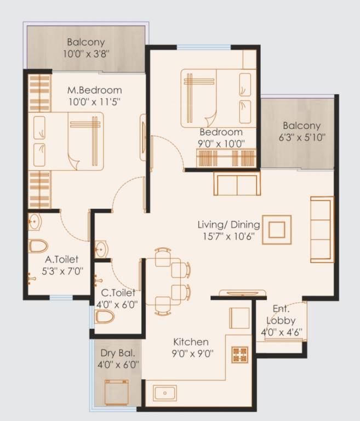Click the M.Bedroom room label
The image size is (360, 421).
pos(94,90)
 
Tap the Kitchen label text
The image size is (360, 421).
pos(192,342)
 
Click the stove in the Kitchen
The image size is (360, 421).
pos(240,354)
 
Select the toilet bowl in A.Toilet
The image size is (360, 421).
pos(38,246)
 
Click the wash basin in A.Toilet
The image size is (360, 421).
pos(34,222)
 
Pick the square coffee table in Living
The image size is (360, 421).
pos(277,229)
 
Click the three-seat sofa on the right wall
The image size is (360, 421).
pos(322,229)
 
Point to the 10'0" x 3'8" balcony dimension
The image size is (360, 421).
pos(86,54)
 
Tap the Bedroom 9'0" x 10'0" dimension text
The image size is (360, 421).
pos(221,144)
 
